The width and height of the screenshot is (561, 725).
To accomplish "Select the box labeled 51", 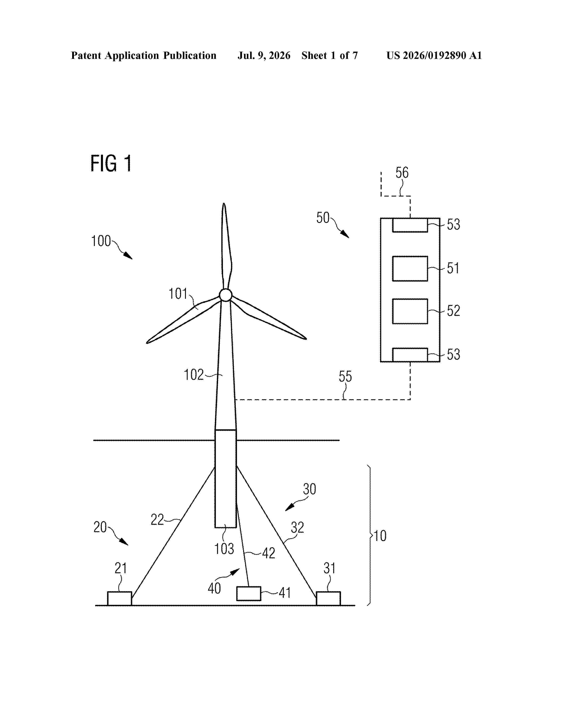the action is (410, 268).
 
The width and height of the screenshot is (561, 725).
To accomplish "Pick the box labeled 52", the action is (410, 311).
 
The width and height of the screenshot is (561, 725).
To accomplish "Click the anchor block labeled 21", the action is (119, 598).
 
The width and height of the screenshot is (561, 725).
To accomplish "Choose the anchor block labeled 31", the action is (328, 598).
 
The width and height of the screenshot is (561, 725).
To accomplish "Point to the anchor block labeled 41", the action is (249, 594).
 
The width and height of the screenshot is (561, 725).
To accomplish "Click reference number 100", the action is (101, 241).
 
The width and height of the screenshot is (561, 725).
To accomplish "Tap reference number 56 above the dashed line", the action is (402, 173).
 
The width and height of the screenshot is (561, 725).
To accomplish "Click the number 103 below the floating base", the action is (224, 549).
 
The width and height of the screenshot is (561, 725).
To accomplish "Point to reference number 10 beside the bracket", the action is (380, 536).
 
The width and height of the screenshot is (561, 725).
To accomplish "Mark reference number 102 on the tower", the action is (194, 375).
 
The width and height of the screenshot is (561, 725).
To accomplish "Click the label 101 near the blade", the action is (178, 294).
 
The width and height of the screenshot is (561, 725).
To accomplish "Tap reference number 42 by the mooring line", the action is (269, 553).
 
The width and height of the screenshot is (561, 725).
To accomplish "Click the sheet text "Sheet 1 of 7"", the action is (330, 55).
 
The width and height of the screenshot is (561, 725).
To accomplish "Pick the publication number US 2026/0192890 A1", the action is (434, 55).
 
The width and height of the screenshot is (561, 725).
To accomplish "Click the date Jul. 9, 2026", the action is (264, 55).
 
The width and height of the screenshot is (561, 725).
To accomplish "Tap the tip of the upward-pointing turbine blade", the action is (224, 203).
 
